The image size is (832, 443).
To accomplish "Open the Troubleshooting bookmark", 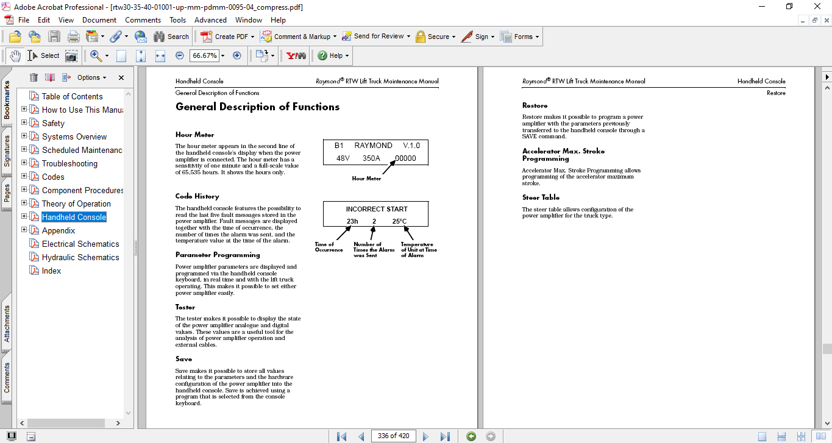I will point(69,163).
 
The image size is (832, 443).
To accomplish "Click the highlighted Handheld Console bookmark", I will point(74,217).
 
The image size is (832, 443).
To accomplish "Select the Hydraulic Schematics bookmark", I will point(80,257).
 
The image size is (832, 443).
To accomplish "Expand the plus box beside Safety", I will point(24,123).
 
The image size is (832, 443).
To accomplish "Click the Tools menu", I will point(178,20).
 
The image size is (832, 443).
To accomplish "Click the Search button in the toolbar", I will point(171,37).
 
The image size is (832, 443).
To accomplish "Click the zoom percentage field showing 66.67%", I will point(204,55).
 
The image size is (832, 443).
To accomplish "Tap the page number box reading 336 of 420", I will point(393,436).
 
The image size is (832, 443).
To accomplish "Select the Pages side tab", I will point(7,193).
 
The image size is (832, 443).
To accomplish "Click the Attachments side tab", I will point(7,324).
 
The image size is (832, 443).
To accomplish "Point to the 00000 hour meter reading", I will point(405,158).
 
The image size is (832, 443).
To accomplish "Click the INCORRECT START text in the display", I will point(377,209).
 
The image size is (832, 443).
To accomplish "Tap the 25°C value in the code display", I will point(399,221).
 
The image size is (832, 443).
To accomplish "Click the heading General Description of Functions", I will point(257,107).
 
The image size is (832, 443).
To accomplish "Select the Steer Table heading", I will point(541,197).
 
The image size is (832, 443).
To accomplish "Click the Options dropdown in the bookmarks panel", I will point(91,77).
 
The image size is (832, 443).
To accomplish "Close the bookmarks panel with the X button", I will point(121,77).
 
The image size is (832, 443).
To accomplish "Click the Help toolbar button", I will point(334,55).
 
